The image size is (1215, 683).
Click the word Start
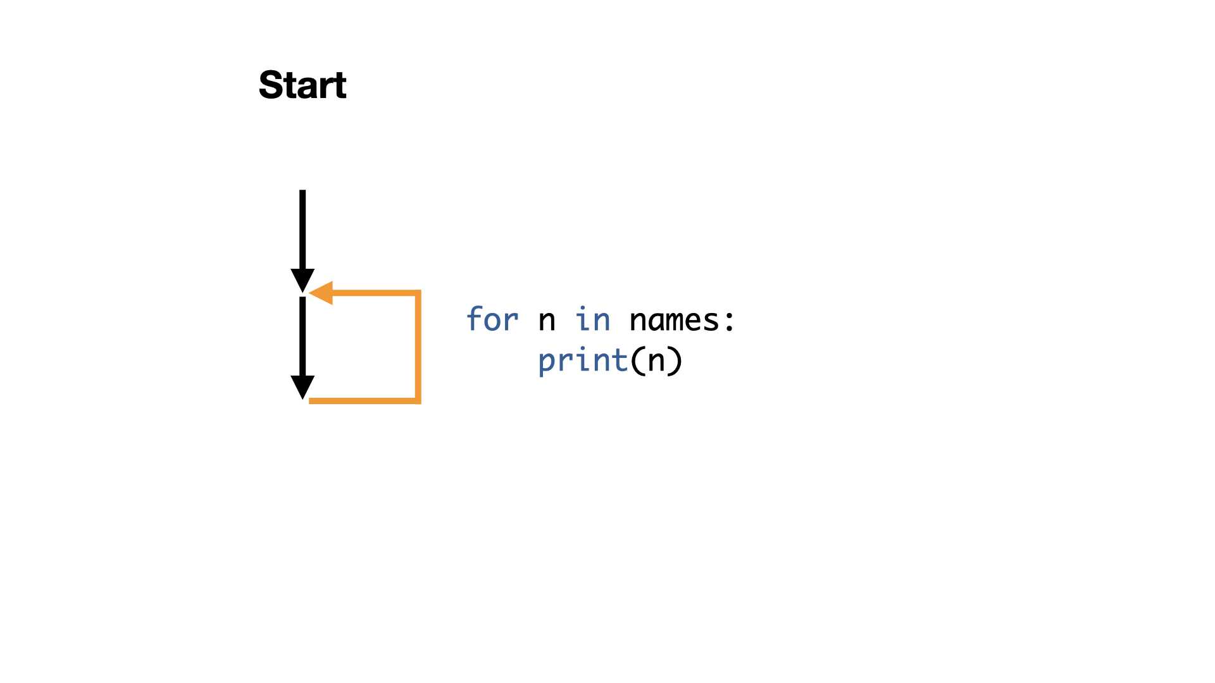302,85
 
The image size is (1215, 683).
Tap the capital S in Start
270,85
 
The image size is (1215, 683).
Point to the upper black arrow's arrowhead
302,281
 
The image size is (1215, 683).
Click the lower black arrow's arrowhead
302,388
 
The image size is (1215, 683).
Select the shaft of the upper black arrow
302,230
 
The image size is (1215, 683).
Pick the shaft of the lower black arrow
302,336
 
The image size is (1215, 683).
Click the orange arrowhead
321,293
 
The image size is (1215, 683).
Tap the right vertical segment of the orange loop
418,347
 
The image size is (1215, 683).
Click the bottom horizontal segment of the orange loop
364,401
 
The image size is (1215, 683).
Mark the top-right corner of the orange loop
418,293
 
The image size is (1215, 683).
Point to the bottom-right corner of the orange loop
418,401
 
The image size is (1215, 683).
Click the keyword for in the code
492,319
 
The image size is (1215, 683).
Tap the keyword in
593,319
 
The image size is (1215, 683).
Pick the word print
583,361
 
